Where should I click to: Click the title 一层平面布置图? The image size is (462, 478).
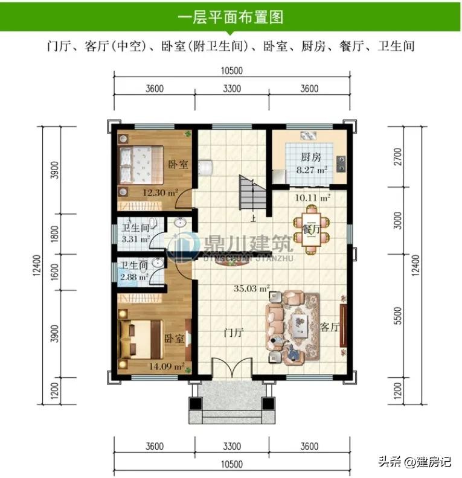click(231, 16)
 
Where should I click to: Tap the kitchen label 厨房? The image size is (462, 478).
click(311, 157)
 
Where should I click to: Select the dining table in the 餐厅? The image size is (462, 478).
click(311, 229)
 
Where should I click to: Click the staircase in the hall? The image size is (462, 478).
click(252, 193)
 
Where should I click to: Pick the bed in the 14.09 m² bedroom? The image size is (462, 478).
click(140, 339)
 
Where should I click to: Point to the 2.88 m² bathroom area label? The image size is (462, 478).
click(134, 277)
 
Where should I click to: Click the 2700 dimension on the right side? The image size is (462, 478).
click(398, 157)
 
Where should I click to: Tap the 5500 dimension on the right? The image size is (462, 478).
click(398, 316)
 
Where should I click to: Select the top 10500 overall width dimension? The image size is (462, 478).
click(232, 71)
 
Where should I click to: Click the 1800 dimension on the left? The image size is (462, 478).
click(54, 234)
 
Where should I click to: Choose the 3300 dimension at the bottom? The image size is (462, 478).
click(232, 446)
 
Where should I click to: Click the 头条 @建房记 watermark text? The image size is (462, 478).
click(414, 462)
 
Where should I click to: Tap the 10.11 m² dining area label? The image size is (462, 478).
click(312, 198)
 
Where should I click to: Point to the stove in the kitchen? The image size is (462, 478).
click(341, 164)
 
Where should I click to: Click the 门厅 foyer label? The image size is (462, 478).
click(234, 333)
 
